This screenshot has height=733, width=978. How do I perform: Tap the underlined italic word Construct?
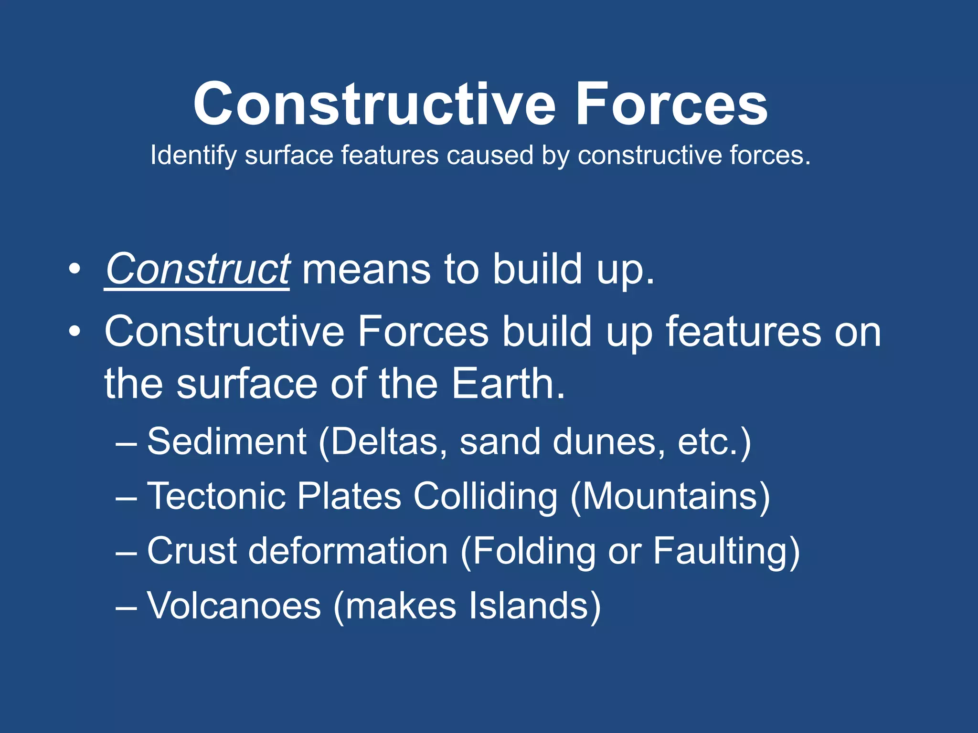click(197, 269)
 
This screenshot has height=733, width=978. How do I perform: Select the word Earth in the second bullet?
click(508, 384)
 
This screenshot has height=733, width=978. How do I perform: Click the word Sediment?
click(226, 441)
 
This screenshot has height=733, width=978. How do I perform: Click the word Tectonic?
click(216, 496)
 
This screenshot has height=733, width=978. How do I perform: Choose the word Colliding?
click(485, 496)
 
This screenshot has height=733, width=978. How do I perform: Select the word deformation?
click(348, 551)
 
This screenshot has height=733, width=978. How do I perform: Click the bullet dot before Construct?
click(74, 269)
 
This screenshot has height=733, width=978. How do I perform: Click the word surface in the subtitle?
click(288, 156)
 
